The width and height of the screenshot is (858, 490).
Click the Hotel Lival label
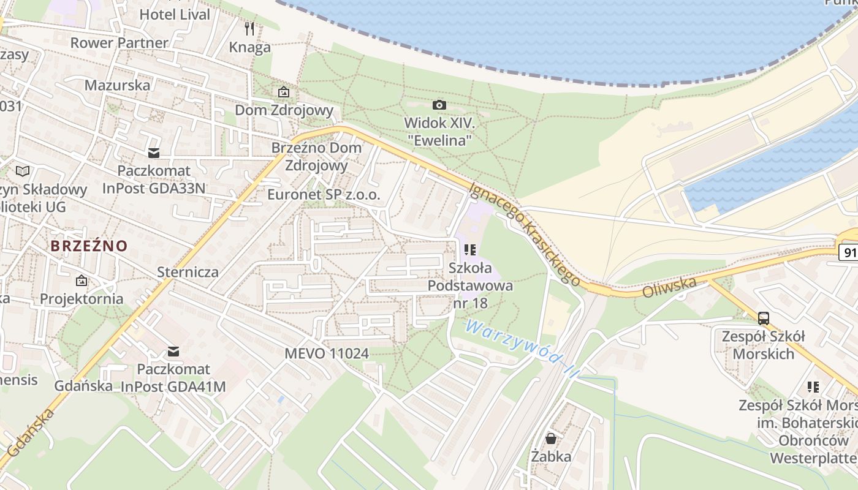click(x=175, y=14)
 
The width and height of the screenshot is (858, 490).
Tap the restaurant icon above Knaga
click(x=249, y=28)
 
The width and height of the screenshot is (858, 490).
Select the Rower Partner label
click(x=119, y=43)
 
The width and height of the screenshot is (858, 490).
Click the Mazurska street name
click(x=117, y=85)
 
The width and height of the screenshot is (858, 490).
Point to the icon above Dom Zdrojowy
click(x=284, y=92)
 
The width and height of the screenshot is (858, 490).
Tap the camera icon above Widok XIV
click(x=439, y=105)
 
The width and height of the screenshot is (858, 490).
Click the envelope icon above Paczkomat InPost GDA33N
click(x=153, y=153)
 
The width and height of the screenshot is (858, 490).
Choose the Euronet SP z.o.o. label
click(x=324, y=195)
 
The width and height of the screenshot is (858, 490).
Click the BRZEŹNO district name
click(x=89, y=246)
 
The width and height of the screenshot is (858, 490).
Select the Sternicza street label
click(x=188, y=271)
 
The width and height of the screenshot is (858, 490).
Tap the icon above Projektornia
click(x=82, y=281)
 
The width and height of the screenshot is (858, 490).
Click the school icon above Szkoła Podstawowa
click(x=470, y=250)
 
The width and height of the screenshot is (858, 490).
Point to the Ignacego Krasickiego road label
click(x=525, y=235)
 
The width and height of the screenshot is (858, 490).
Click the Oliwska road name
click(x=669, y=287)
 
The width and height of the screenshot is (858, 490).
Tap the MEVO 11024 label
click(x=327, y=353)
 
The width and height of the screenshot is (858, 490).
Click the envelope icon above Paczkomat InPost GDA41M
click(x=173, y=352)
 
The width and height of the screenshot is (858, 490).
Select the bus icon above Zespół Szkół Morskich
click(x=764, y=318)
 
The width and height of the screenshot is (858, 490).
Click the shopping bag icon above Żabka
click(x=551, y=439)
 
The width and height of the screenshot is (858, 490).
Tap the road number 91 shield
click(x=849, y=252)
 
